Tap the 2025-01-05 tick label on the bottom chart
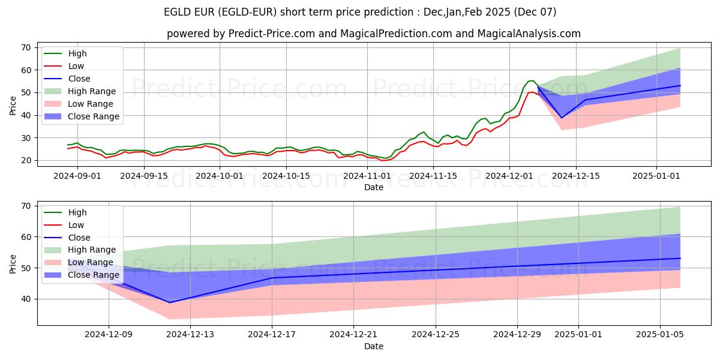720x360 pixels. click(x=660, y=334)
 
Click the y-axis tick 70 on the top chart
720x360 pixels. click(x=26, y=47)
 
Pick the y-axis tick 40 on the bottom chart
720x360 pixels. click(x=26, y=299)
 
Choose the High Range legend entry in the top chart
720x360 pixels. click(x=92, y=91)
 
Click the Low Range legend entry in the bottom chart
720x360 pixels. click(x=91, y=263)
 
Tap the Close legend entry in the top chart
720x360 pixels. click(x=79, y=79)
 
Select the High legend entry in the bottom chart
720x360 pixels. click(x=77, y=212)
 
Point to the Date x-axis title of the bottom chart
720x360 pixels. click(x=374, y=346)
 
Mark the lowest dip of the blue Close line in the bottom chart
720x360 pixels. click(x=170, y=302)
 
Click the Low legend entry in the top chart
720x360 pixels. click(x=76, y=66)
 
